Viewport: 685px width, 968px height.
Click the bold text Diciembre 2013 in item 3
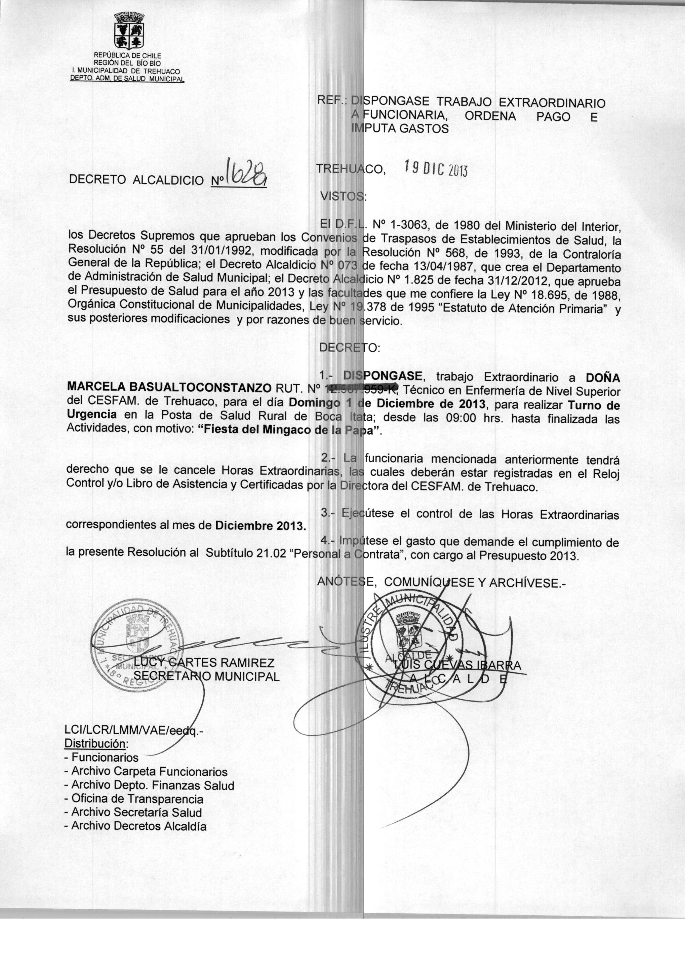click(x=260, y=526)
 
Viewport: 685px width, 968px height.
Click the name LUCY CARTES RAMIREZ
click(x=205, y=663)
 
